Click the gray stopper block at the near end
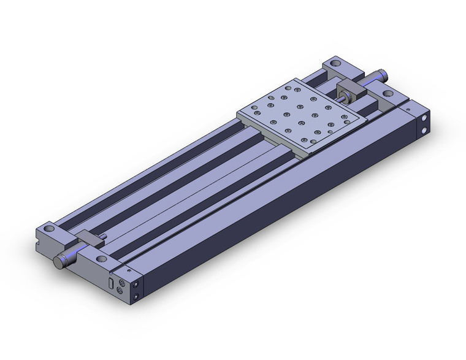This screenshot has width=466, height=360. click(89, 238)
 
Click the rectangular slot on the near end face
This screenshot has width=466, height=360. click(110, 283)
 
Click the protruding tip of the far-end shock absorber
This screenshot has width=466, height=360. click(384, 75)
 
